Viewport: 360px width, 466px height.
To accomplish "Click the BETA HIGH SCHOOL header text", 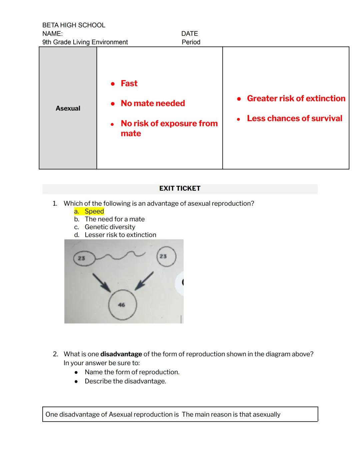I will pos(74,25).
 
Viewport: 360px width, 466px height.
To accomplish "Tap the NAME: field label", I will pos(52,34).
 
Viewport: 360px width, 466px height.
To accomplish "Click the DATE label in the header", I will pos(189,34).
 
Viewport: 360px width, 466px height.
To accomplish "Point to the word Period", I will pos(191,42).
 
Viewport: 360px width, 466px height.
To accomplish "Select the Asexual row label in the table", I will pos(68,108).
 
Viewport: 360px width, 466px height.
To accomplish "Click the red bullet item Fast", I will pos(129,83).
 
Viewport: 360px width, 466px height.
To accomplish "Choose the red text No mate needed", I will pos(153,103).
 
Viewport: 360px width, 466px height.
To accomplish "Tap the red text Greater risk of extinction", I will pos(296,98).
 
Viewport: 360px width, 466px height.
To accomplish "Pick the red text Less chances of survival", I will pos(294,118).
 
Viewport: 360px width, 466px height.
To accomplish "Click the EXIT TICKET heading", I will pos(180,188).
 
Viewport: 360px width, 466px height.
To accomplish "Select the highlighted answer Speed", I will pos(94,211).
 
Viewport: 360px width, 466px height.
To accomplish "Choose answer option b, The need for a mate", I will pos(114,219).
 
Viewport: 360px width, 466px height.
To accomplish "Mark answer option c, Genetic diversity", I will pos(110,227).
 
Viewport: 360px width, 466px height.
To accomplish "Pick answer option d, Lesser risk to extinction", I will pos(120,235).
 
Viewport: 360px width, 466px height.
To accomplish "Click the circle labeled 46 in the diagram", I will pos(122,305).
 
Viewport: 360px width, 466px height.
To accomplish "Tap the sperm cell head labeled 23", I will pos(82,258).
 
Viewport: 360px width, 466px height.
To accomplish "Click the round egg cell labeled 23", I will pos(166,256).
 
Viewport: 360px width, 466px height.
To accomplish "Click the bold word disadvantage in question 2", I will pos(121,354).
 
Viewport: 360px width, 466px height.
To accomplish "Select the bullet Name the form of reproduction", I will pos(132,372).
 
